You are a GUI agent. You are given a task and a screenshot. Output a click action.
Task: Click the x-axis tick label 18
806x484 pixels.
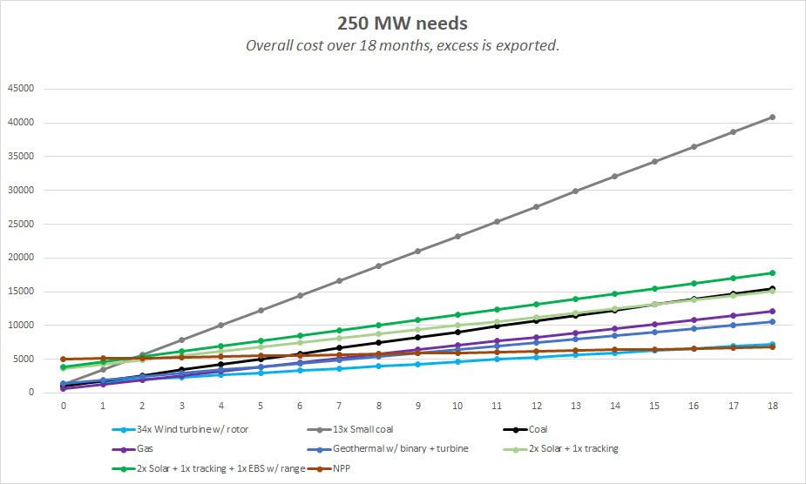771,406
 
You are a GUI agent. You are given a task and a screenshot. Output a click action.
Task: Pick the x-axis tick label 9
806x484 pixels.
417,406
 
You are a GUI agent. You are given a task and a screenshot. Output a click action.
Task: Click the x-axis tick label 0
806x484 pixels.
64,406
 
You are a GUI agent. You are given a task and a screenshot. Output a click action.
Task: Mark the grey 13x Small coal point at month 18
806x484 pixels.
771,117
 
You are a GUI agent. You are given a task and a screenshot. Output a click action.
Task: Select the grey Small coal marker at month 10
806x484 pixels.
457,236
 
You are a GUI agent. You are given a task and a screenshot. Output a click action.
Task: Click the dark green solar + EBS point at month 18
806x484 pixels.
771,272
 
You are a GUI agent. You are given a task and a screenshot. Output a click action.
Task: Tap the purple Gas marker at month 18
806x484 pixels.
771,311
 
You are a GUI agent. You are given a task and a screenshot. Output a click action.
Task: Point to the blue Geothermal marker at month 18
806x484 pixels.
771,321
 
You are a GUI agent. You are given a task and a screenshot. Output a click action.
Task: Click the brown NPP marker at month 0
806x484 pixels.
64,359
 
